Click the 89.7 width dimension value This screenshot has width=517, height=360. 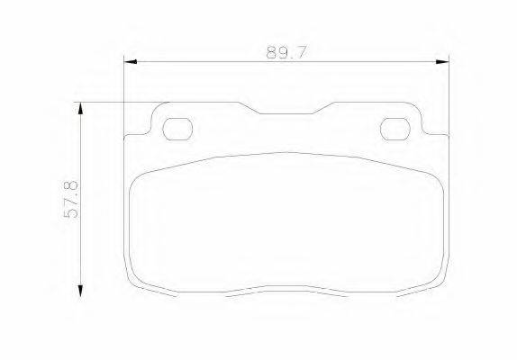[x=286, y=53]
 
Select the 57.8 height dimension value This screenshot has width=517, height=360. [x=71, y=199]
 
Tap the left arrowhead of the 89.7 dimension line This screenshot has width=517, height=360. [x=131, y=61]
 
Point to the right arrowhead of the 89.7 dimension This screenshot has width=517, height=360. [x=442, y=61]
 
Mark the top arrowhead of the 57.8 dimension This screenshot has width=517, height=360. [x=80, y=108]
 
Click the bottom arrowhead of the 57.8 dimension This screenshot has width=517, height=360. [x=80, y=291]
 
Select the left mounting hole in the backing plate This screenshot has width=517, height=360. [x=177, y=129]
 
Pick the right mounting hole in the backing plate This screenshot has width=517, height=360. [x=395, y=129]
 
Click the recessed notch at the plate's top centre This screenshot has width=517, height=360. [x=286, y=113]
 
